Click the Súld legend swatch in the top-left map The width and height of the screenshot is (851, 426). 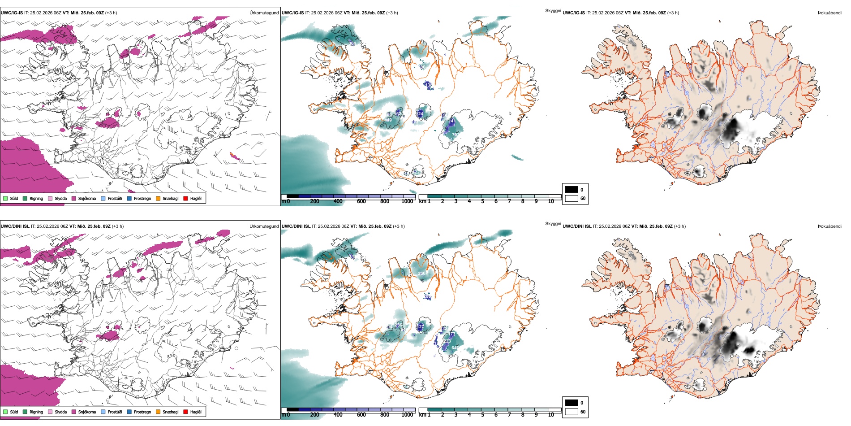(5, 198)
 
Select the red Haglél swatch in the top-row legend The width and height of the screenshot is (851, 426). (185, 198)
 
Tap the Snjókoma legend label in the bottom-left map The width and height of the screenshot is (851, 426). (87, 412)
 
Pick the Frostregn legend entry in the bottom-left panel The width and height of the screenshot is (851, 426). (142, 412)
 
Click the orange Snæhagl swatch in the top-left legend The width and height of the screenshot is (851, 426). (158, 198)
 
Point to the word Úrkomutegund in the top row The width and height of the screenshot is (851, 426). (264, 13)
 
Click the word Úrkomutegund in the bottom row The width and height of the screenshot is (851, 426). (264, 226)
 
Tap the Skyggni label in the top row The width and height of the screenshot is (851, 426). (553, 10)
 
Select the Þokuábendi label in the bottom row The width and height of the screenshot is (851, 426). (830, 226)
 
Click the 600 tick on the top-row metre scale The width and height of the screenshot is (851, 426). (361, 201)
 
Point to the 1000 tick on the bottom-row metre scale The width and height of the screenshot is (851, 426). (407, 415)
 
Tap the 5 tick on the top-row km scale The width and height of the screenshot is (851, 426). (483, 201)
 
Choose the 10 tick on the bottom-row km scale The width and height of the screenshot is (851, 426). (551, 415)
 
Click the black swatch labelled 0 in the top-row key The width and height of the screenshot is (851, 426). (572, 189)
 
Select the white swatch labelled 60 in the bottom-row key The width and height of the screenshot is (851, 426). (572, 412)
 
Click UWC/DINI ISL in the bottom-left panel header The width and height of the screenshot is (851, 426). (15, 226)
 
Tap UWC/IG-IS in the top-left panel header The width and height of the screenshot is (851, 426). (12, 13)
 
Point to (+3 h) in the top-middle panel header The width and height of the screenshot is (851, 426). (392, 13)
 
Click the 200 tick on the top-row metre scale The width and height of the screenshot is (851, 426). (315, 201)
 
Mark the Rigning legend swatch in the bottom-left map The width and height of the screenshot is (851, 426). (25, 412)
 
